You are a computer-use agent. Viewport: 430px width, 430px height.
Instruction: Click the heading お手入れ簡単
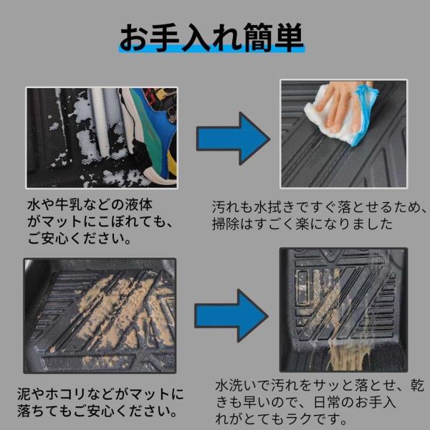coord(211,37)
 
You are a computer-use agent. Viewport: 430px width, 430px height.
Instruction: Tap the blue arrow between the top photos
coord(233,138)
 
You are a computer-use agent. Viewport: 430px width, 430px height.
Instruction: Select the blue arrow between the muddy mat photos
coord(231,315)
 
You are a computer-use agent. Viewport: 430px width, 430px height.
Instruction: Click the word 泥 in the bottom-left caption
coord(24,393)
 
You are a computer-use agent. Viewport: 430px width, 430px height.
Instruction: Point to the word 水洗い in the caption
coord(236,386)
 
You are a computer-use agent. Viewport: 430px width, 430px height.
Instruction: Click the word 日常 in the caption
coord(327,402)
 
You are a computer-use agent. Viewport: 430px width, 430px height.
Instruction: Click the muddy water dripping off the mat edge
coord(347,356)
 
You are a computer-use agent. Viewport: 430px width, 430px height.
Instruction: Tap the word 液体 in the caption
coord(138,205)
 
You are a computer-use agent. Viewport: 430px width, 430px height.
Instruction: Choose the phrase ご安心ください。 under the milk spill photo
coord(79,239)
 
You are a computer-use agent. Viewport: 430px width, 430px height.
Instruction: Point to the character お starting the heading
coord(133,38)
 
